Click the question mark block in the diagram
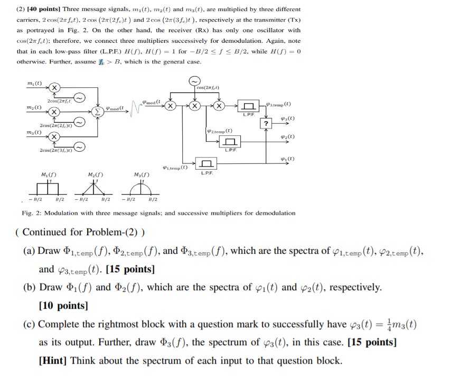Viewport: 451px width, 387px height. coord(267,124)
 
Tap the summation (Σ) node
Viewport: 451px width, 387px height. coord(97,112)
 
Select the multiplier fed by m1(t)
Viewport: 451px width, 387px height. coord(54,87)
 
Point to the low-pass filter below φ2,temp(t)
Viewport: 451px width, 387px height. coord(231,142)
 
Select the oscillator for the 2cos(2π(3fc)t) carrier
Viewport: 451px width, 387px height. coord(79,146)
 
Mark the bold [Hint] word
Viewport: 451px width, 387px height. coord(53,361)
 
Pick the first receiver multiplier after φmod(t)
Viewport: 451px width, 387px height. coord(170,106)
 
